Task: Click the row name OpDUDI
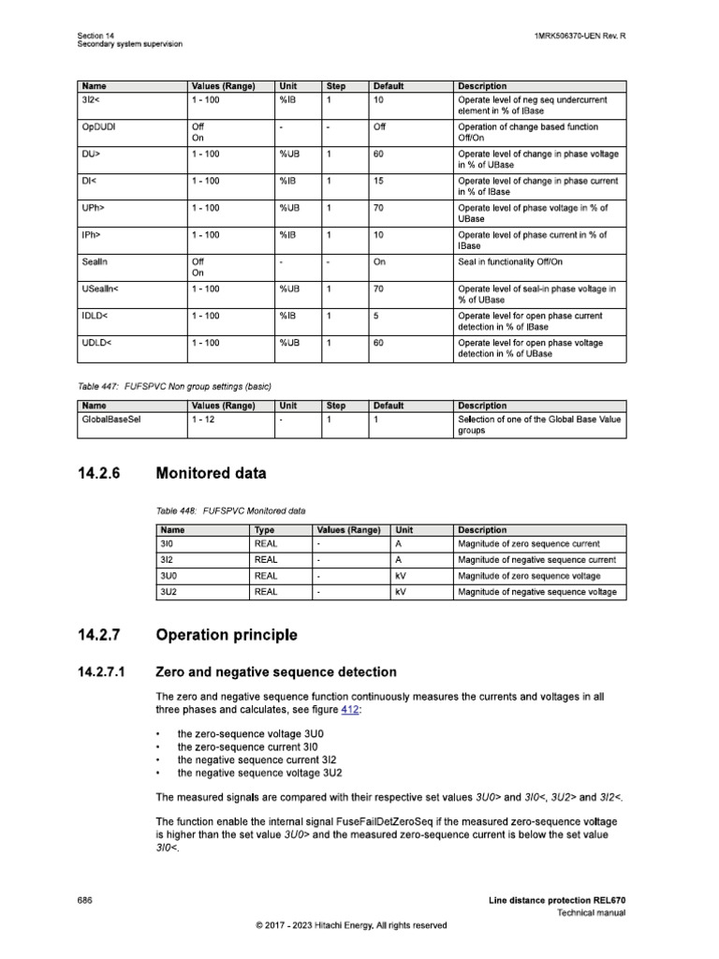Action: coord(97,126)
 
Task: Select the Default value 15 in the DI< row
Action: coord(379,180)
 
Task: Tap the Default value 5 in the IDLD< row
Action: coord(376,316)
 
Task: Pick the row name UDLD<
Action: coord(97,343)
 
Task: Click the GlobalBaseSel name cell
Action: coord(111,420)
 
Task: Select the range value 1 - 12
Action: coord(205,420)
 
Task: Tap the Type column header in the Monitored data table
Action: coord(265,530)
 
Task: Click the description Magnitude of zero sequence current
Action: coord(528,543)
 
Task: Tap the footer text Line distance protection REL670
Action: coord(556,900)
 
